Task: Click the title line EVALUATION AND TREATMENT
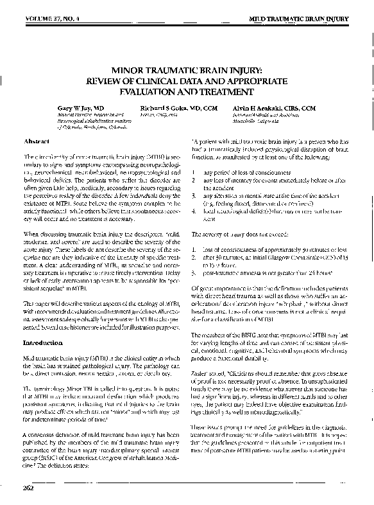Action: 186,92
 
